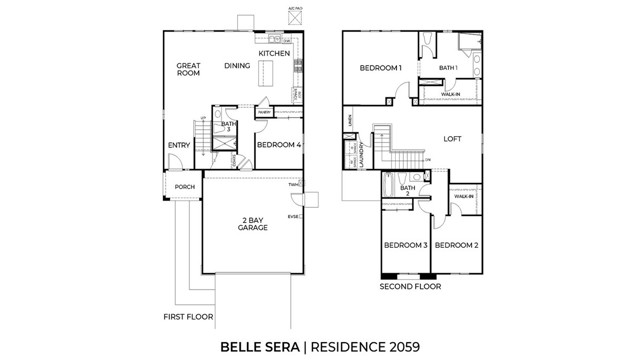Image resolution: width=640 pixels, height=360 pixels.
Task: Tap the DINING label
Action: (237, 66)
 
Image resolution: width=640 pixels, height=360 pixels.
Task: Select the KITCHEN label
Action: (274, 53)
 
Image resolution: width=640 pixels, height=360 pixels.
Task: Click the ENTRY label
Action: (179, 146)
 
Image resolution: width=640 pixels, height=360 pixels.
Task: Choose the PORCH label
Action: (184, 187)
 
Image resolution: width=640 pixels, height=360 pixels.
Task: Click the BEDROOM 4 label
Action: (279, 145)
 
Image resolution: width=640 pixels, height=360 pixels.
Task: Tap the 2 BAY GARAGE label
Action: (252, 224)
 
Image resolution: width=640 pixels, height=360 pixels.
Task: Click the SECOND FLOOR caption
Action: (410, 285)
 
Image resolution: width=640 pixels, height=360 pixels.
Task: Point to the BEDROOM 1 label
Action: (380, 68)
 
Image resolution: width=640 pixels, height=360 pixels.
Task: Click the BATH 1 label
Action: (449, 68)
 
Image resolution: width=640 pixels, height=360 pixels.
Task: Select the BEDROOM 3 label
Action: (405, 245)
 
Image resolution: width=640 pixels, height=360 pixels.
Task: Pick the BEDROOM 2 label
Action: (456, 245)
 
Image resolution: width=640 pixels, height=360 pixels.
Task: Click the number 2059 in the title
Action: (398, 347)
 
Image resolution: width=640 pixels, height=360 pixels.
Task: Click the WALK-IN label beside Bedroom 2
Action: (463, 196)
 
